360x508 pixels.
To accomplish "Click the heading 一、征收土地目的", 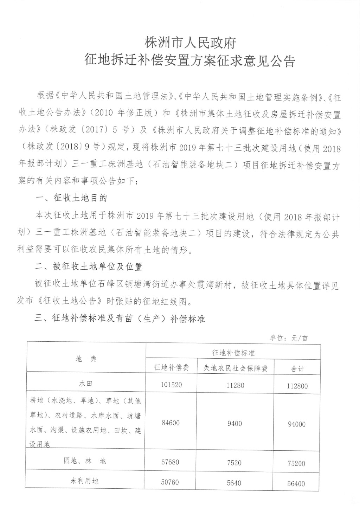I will click(x=72, y=198).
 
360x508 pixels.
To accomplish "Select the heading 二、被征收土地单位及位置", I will click(x=89, y=267).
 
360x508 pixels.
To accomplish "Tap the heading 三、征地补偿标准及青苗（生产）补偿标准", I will click(x=120, y=319).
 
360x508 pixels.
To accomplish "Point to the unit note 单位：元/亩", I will click(x=288, y=338).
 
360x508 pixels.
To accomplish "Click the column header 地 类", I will click(x=86, y=359).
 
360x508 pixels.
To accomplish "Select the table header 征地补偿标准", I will click(x=233, y=352).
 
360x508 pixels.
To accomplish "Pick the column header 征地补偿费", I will click(x=172, y=367).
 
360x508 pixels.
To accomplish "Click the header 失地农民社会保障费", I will click(x=236, y=368).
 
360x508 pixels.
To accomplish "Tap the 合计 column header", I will click(x=297, y=368).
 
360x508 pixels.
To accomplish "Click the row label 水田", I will click(x=86, y=384).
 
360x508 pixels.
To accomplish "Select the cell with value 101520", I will click(x=171, y=385).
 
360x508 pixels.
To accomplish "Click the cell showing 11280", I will click(x=235, y=385).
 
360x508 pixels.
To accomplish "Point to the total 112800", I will click(x=297, y=386).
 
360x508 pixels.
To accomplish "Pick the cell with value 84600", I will click(x=171, y=423).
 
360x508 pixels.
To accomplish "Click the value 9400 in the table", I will click(x=234, y=424).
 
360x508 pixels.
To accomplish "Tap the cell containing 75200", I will click(x=296, y=463).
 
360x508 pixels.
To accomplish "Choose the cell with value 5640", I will click(x=234, y=483).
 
